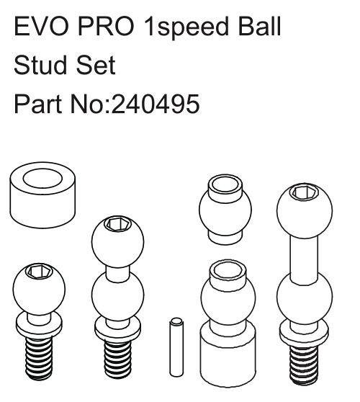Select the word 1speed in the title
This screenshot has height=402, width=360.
tap(186, 27)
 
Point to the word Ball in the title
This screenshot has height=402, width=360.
tap(259, 26)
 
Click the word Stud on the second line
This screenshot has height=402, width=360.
tap(42, 65)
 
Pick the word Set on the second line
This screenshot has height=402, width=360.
tap(96, 65)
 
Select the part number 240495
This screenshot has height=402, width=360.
tap(156, 104)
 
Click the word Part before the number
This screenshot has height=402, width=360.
tap(37, 104)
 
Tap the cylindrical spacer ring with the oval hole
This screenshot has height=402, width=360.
tap(42, 195)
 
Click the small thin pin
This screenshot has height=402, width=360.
tap(176, 347)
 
